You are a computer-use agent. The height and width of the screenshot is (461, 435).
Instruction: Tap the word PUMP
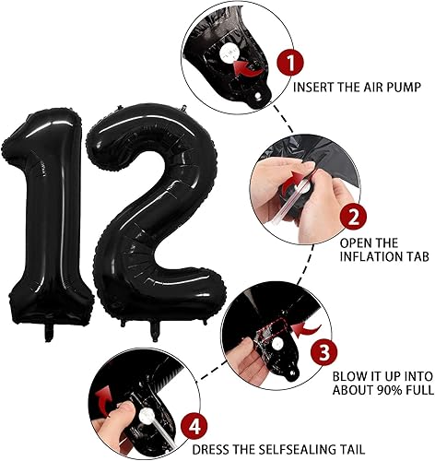pyautogui.click(x=402, y=89)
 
